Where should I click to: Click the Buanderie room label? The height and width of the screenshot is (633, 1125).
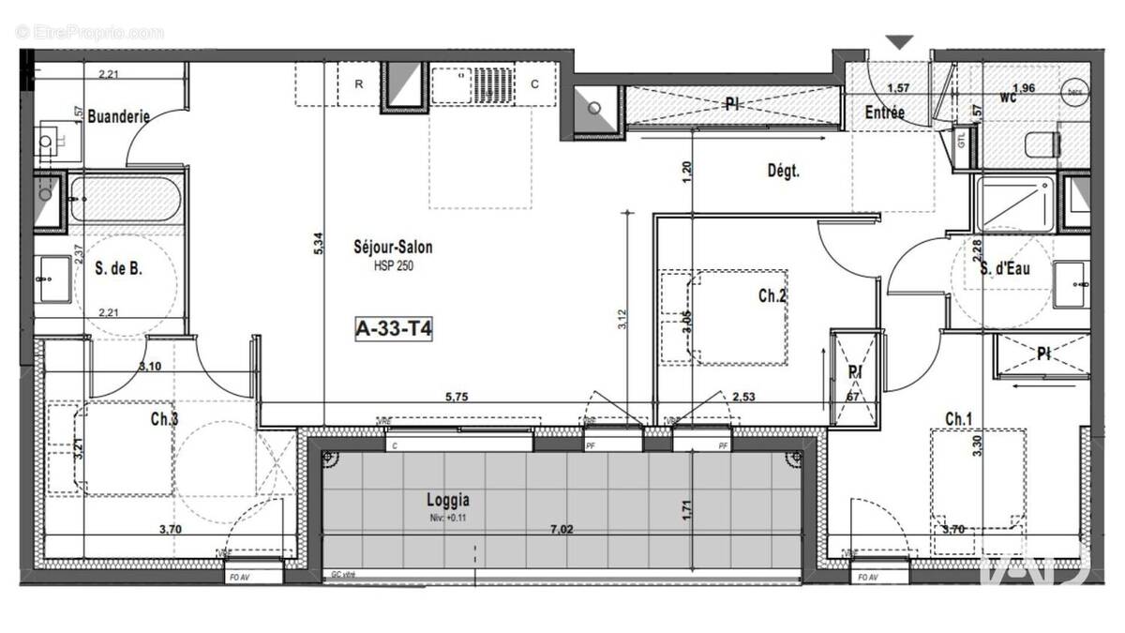coord(119,117)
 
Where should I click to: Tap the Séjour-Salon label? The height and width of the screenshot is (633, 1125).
coord(393,248)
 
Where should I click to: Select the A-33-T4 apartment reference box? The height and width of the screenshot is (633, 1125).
coord(393,328)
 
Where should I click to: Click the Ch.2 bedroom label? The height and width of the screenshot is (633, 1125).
coord(772,295)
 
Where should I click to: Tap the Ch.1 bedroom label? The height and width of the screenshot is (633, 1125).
coord(958,418)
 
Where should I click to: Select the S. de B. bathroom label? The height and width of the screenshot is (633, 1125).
coord(119,269)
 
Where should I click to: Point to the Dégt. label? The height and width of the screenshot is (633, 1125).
coord(783,172)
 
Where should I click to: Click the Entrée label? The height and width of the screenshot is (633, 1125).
coord(884,113)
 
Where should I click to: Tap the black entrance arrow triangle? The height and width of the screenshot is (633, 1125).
coord(900,42)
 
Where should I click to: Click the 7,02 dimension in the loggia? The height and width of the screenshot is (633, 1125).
coord(562,530)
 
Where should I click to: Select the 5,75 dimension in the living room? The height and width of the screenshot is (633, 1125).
coord(457,397)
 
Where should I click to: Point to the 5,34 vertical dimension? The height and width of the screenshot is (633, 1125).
coord(319,244)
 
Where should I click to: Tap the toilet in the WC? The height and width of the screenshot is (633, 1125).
coord(1042,144)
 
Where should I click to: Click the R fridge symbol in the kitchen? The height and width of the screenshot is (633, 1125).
coord(358,84)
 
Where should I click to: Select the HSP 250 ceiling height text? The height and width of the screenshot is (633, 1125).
coord(393,265)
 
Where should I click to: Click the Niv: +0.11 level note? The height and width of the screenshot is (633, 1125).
coord(446,516)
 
